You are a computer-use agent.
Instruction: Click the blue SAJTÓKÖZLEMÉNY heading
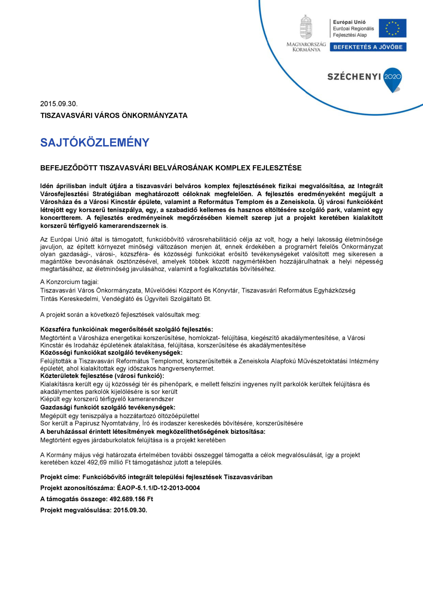pyautogui.click(x=95, y=142)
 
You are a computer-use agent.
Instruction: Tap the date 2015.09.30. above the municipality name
pyautogui.click(x=59, y=104)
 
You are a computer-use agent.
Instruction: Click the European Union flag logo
pyautogui.click(x=393, y=28)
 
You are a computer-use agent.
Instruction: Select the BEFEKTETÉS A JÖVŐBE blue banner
pyautogui.click(x=368, y=47)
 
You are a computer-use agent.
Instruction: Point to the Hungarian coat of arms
pyautogui.click(x=306, y=27)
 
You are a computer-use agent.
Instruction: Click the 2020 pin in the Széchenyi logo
pyautogui.click(x=393, y=78)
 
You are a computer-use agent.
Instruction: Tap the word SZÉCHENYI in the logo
pyautogui.click(x=354, y=76)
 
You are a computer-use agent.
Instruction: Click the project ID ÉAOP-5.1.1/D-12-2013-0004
pyautogui.click(x=158, y=488)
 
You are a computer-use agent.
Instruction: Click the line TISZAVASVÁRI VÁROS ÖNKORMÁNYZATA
pyautogui.click(x=114, y=115)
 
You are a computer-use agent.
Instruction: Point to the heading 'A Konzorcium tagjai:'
pyautogui.click(x=69, y=282)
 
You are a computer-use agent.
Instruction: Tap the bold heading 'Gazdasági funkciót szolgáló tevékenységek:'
pyautogui.click(x=108, y=407)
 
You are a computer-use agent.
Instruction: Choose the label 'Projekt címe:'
pyautogui.click(x=60, y=477)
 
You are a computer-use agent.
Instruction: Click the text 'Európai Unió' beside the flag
pyautogui.click(x=349, y=22)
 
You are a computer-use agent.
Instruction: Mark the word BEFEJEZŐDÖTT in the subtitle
pyautogui.click(x=69, y=168)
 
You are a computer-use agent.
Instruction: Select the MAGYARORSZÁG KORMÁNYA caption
pyautogui.click(x=306, y=47)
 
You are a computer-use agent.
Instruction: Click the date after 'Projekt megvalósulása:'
pyautogui.click(x=130, y=510)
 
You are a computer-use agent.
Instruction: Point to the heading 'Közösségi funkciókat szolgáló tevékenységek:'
pyautogui.click(x=111, y=353)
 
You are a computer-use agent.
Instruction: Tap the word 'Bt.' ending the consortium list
pyautogui.click(x=207, y=299)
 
